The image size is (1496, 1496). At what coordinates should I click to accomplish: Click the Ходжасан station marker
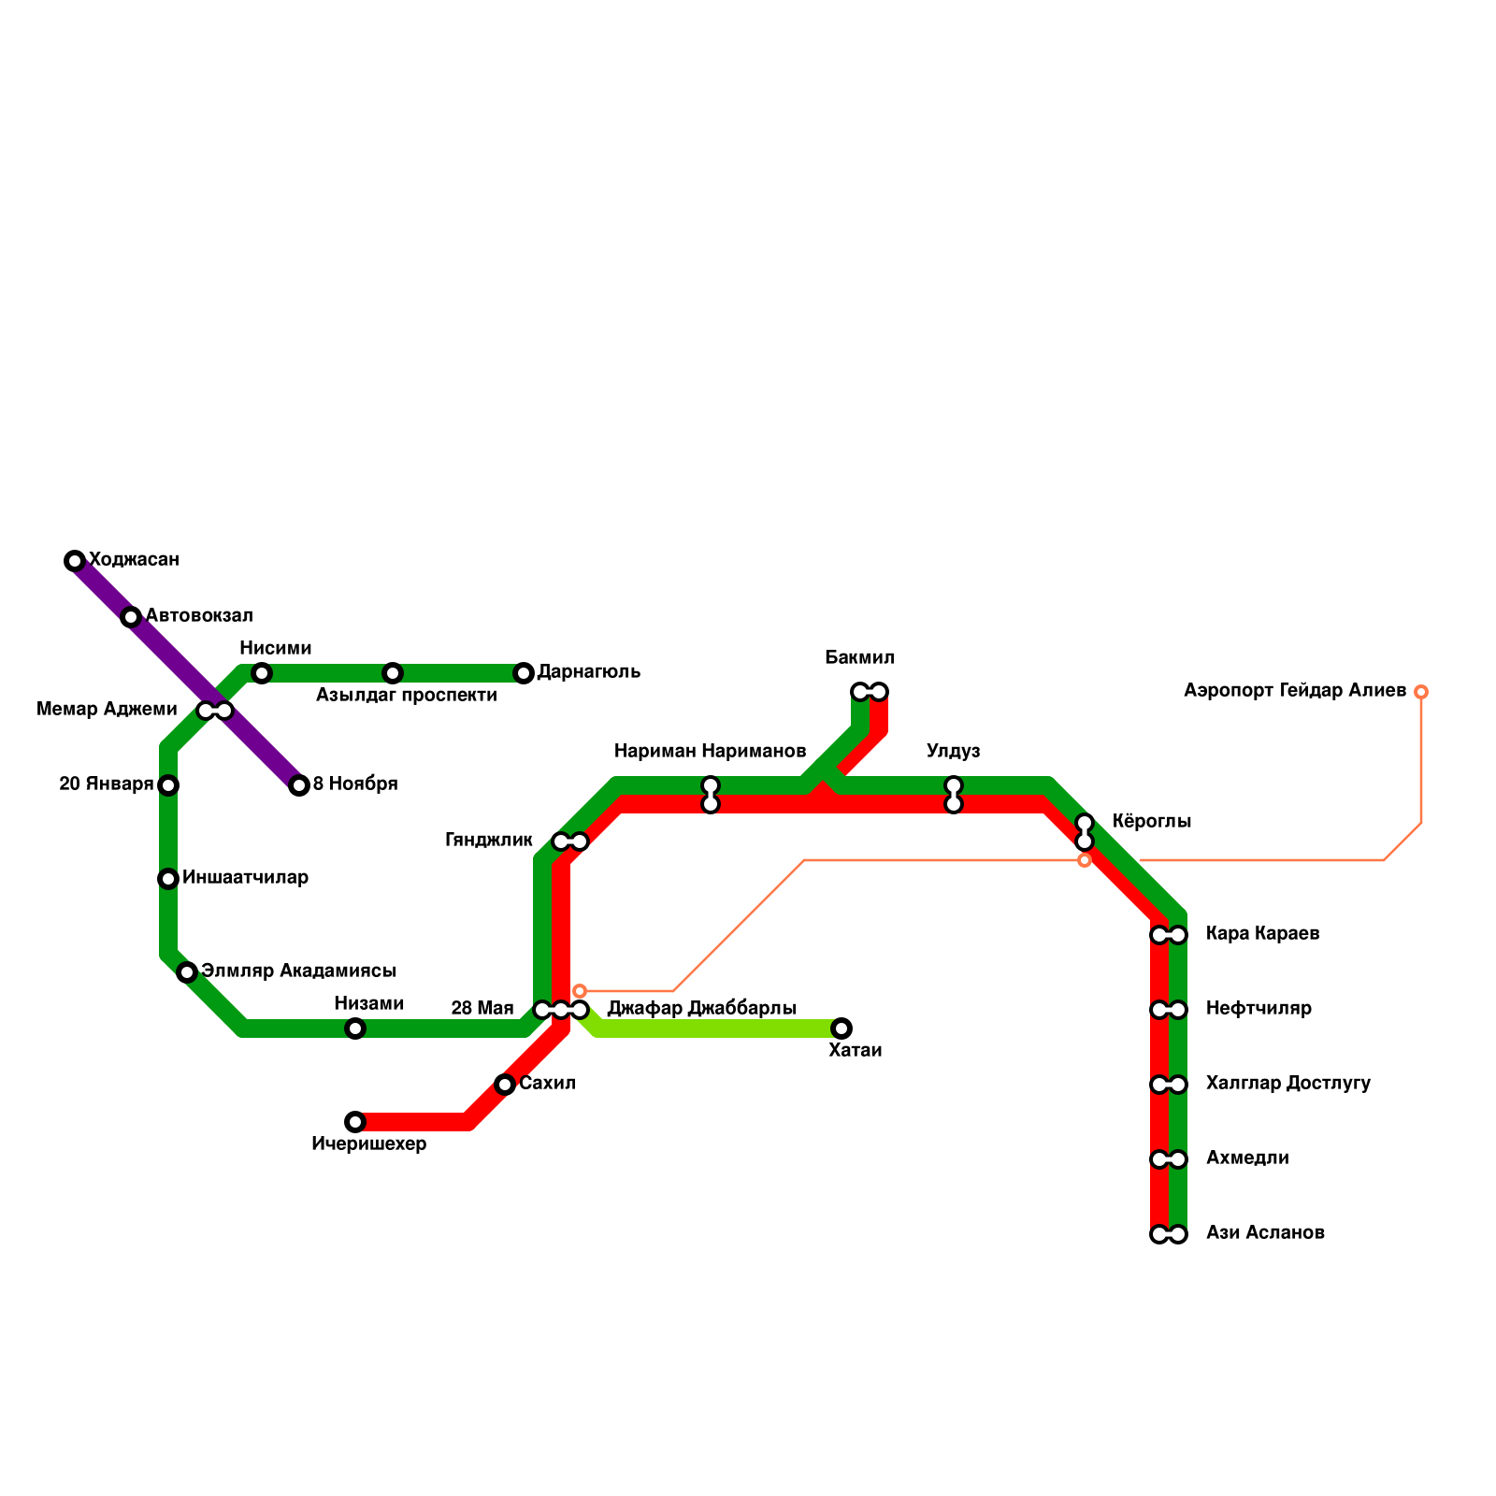tap(75, 561)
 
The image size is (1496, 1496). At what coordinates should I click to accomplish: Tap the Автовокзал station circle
tap(131, 617)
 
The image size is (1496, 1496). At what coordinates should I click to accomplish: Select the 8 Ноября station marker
tap(299, 785)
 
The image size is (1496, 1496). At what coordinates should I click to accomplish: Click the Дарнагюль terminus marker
tap(524, 673)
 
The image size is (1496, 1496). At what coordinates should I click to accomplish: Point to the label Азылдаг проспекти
tap(406, 696)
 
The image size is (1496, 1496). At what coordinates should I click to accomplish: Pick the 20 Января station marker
tap(168, 785)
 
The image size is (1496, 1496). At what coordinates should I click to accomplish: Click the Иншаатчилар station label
tap(245, 878)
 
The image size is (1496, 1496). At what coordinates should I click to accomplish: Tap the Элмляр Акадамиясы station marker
tap(187, 972)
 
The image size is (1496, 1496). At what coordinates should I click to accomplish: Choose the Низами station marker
tap(355, 1028)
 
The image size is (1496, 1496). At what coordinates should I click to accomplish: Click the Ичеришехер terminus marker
tap(355, 1122)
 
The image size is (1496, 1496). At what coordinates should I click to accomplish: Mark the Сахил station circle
tap(505, 1085)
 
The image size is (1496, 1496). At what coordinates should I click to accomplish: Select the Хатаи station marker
tap(841, 1028)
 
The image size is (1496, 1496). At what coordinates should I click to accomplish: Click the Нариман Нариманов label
tap(710, 752)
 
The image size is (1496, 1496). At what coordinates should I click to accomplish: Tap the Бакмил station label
tap(859, 658)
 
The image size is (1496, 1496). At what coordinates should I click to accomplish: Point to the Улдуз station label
tap(953, 752)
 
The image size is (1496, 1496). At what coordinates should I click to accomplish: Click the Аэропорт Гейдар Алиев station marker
tap(1421, 692)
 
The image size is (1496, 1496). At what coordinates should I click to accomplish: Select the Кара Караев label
tap(1262, 934)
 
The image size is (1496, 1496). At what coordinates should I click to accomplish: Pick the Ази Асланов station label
tap(1265, 1233)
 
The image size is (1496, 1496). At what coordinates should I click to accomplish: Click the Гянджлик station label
tap(488, 841)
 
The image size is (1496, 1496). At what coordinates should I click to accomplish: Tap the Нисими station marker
tap(262, 673)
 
